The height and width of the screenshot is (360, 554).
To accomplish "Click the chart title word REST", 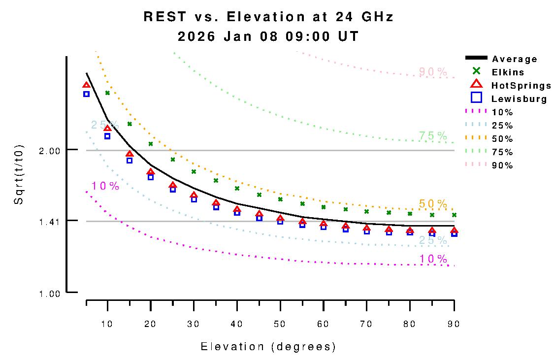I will (x=165, y=17).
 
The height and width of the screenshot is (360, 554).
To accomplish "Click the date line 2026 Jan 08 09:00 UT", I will (x=268, y=36).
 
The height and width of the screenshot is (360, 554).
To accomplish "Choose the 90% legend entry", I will (x=502, y=165).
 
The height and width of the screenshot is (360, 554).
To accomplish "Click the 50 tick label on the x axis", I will (x=280, y=324).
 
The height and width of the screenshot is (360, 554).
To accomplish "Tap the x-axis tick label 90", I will (x=454, y=324).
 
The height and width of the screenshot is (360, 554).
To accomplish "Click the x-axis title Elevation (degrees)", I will (x=268, y=347).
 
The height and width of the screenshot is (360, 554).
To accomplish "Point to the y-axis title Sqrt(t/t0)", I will (x=18, y=175).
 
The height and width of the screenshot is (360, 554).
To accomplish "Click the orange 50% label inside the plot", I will (x=433, y=203).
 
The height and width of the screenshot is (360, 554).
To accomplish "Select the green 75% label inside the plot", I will (x=433, y=135).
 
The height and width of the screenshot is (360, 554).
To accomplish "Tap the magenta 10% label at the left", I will (x=105, y=186).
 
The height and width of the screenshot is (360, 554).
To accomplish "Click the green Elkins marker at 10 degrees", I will (x=107, y=93).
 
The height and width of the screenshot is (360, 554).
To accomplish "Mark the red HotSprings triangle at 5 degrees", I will (x=86, y=86).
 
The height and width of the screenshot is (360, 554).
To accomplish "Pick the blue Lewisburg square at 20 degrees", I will (x=151, y=177).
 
